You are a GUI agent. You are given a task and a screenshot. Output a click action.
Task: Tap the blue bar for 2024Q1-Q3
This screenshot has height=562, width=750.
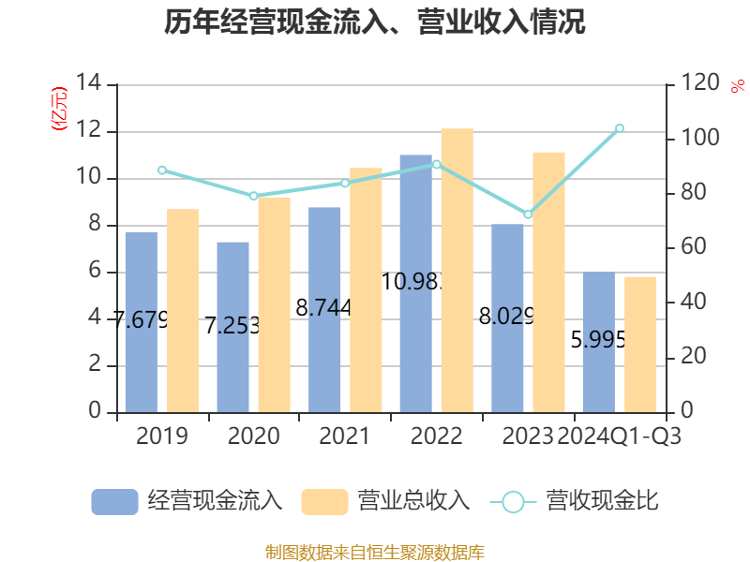tap(598, 342)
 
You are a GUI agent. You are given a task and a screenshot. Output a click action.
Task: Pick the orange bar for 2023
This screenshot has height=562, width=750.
tap(548, 281)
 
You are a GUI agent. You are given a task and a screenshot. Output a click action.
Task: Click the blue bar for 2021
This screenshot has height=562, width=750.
tap(324, 309)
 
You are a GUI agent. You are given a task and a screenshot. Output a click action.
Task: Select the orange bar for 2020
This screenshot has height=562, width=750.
tap(274, 303)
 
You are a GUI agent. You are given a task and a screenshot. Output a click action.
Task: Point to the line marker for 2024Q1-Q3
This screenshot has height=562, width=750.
tap(619, 128)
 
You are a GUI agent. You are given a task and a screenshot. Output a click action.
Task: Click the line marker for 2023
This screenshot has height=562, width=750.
tap(528, 214)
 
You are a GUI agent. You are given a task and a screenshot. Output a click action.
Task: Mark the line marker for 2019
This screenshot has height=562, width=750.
tap(161, 170)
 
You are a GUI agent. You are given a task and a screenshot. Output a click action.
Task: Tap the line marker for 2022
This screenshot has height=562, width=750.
tap(436, 164)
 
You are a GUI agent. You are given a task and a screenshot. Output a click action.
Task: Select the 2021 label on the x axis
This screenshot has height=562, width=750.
tap(344, 436)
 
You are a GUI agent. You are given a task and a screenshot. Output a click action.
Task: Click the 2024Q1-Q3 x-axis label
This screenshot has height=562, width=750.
tap(619, 436)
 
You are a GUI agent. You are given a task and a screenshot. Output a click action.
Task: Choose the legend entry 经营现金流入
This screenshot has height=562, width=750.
tap(187, 501)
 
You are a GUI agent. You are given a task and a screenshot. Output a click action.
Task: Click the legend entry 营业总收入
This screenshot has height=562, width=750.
tap(385, 501)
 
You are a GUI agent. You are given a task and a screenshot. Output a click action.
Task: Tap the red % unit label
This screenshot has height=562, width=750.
tap(736, 87)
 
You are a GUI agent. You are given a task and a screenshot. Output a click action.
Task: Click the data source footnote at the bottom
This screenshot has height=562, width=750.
tap(375, 552)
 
